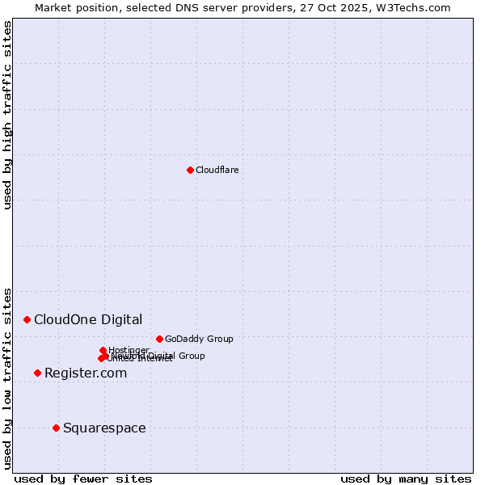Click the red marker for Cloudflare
(190, 170)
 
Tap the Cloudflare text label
(217, 170)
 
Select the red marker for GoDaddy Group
(159, 339)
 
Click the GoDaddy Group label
(199, 339)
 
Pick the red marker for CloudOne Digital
(27, 319)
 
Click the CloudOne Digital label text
(88, 319)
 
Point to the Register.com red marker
(37, 373)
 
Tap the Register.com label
(86, 373)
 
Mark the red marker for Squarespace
(56, 428)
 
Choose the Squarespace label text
(104, 428)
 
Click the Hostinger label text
(129, 350)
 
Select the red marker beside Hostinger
(103, 350)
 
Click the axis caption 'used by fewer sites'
(83, 479)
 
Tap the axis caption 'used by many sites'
(406, 479)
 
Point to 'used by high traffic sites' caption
(8, 115)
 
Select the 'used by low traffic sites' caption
(8, 377)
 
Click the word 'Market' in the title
(52, 7)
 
